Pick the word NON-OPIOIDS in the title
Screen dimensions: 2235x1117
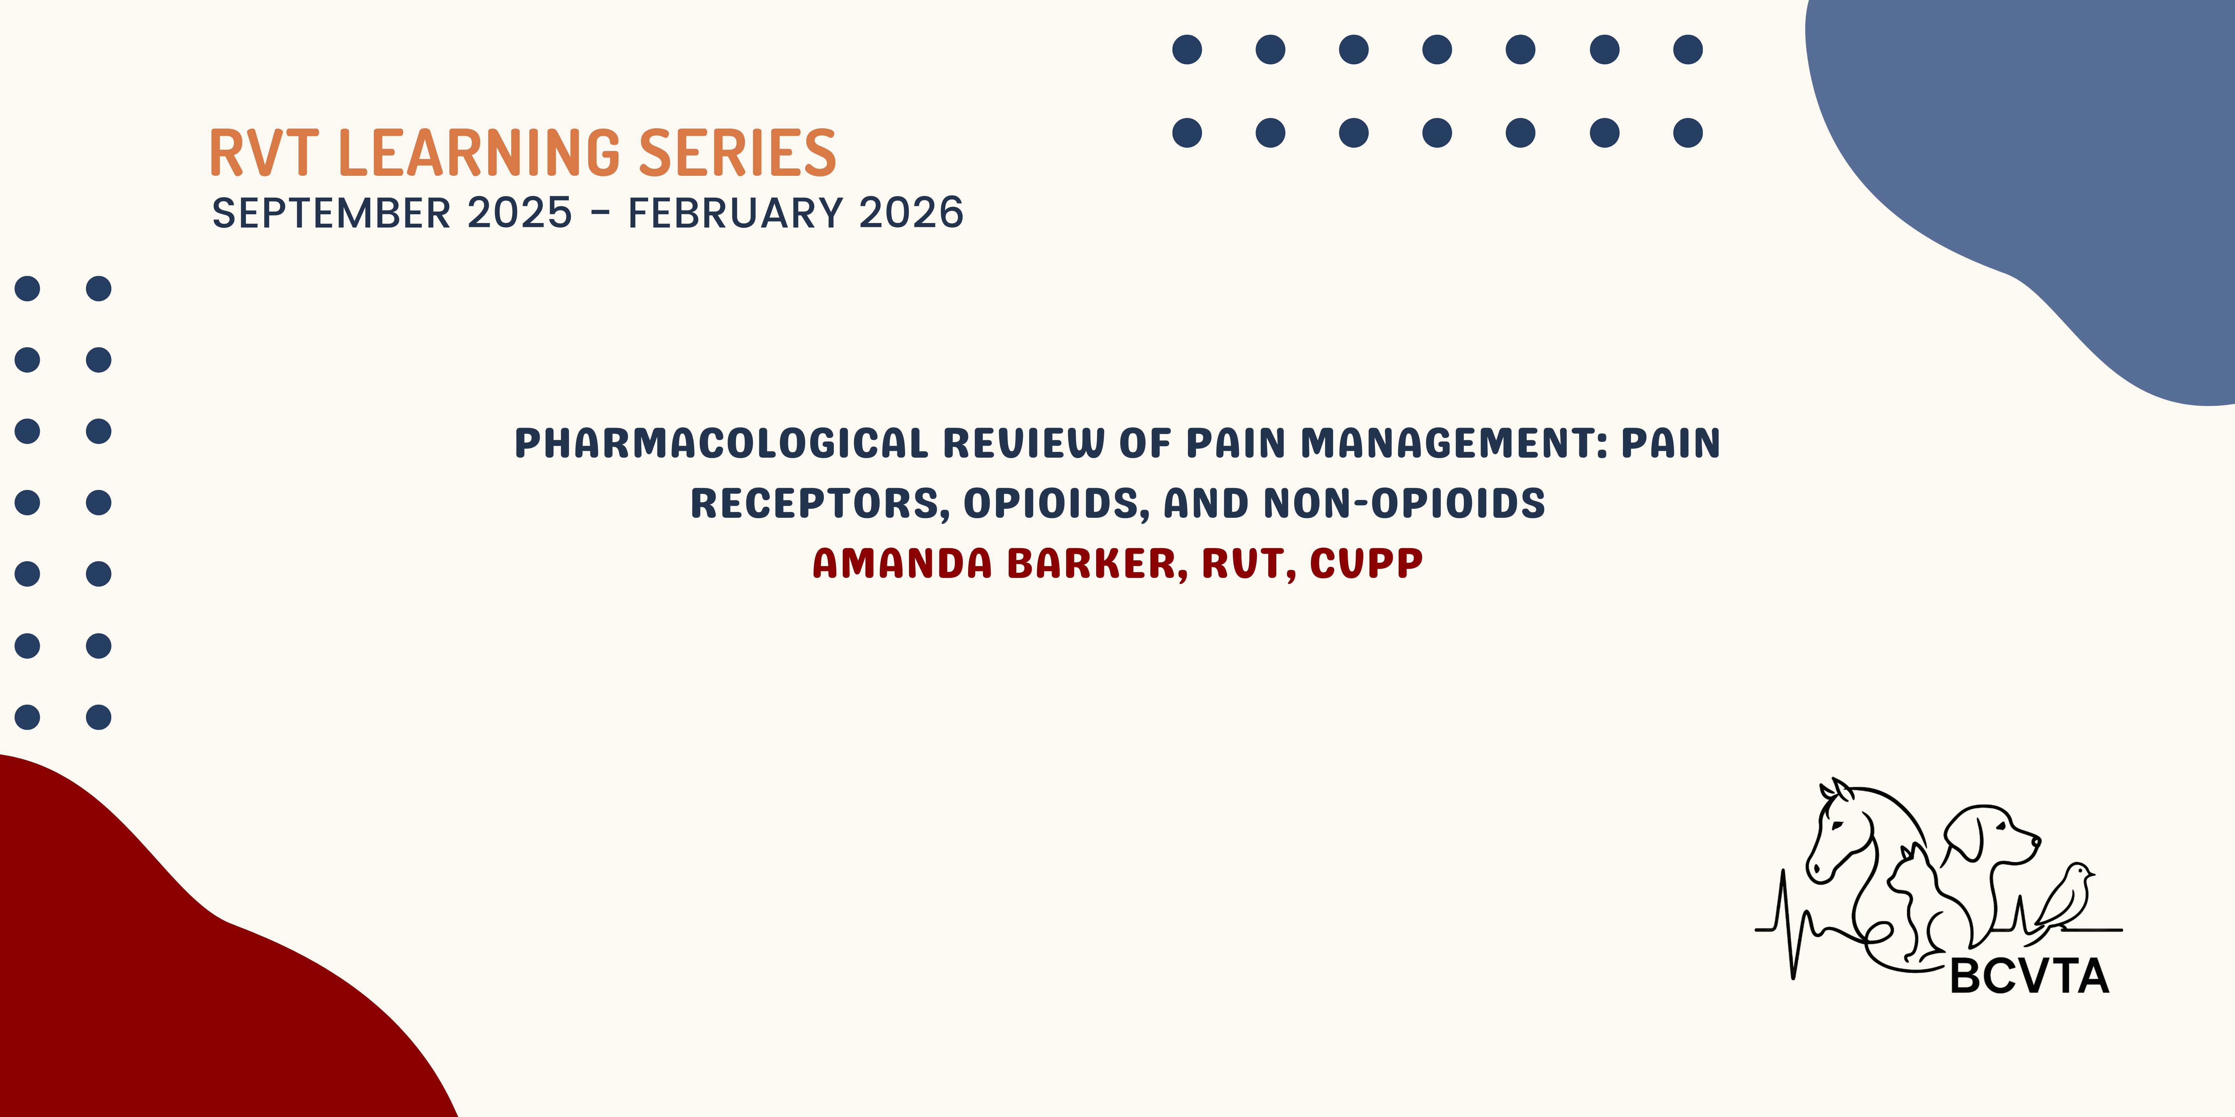tap(1404, 504)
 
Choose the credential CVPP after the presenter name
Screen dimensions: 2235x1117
tap(1366, 564)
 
